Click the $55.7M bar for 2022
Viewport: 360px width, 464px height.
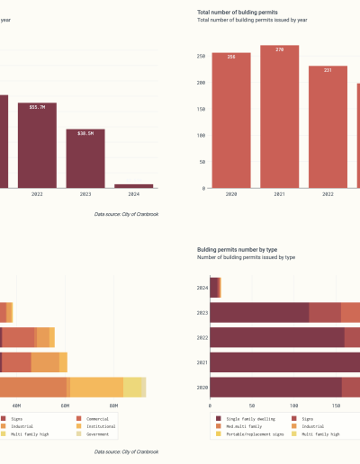click(x=37, y=144)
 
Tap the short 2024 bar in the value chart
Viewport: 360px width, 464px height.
click(x=133, y=185)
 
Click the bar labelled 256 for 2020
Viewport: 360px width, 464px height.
click(x=231, y=120)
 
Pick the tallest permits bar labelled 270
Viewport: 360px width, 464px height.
click(x=280, y=117)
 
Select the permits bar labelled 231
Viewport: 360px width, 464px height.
click(x=328, y=127)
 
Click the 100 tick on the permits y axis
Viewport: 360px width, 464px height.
click(x=201, y=136)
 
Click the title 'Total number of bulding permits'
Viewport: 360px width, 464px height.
click(x=237, y=12)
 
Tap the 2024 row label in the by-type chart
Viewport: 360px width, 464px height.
click(x=202, y=287)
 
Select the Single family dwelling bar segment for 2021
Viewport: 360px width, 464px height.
click(x=288, y=362)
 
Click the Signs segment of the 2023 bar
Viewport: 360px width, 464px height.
click(x=324, y=312)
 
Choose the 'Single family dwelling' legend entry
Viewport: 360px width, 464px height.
click(x=248, y=418)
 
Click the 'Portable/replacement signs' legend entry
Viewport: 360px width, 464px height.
click(x=254, y=433)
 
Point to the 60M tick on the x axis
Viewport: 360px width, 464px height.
click(x=66, y=406)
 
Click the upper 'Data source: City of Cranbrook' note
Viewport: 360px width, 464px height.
click(x=126, y=214)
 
